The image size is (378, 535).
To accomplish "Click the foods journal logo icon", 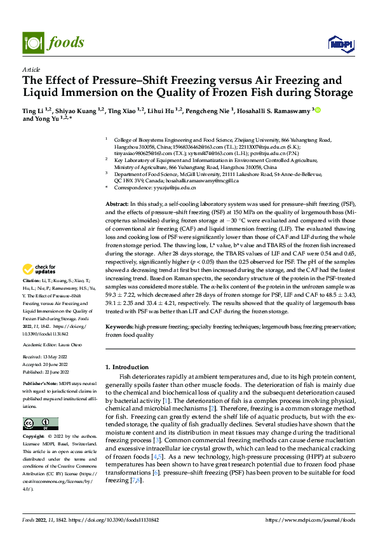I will pyautogui.click(x=32, y=42).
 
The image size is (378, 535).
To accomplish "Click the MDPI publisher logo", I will pyautogui.click(x=337, y=43).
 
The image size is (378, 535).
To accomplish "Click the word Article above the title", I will pyautogui.click(x=31, y=69).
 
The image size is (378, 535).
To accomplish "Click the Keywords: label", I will pyautogui.click(x=119, y=326).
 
